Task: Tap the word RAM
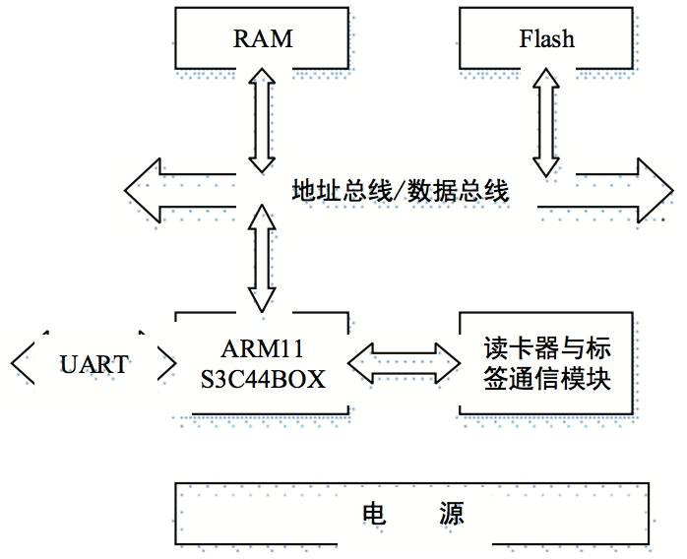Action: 263,39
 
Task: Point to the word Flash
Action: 546,39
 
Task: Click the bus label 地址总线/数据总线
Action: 400,191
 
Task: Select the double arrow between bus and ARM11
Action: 263,258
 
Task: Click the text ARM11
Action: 262,350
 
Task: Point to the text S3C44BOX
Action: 262,378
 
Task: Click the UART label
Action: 94,365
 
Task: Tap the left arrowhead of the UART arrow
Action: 22,364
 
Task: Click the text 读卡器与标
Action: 546,349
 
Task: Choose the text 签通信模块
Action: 546,378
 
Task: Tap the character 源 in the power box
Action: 454,514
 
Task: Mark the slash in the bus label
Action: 400,191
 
